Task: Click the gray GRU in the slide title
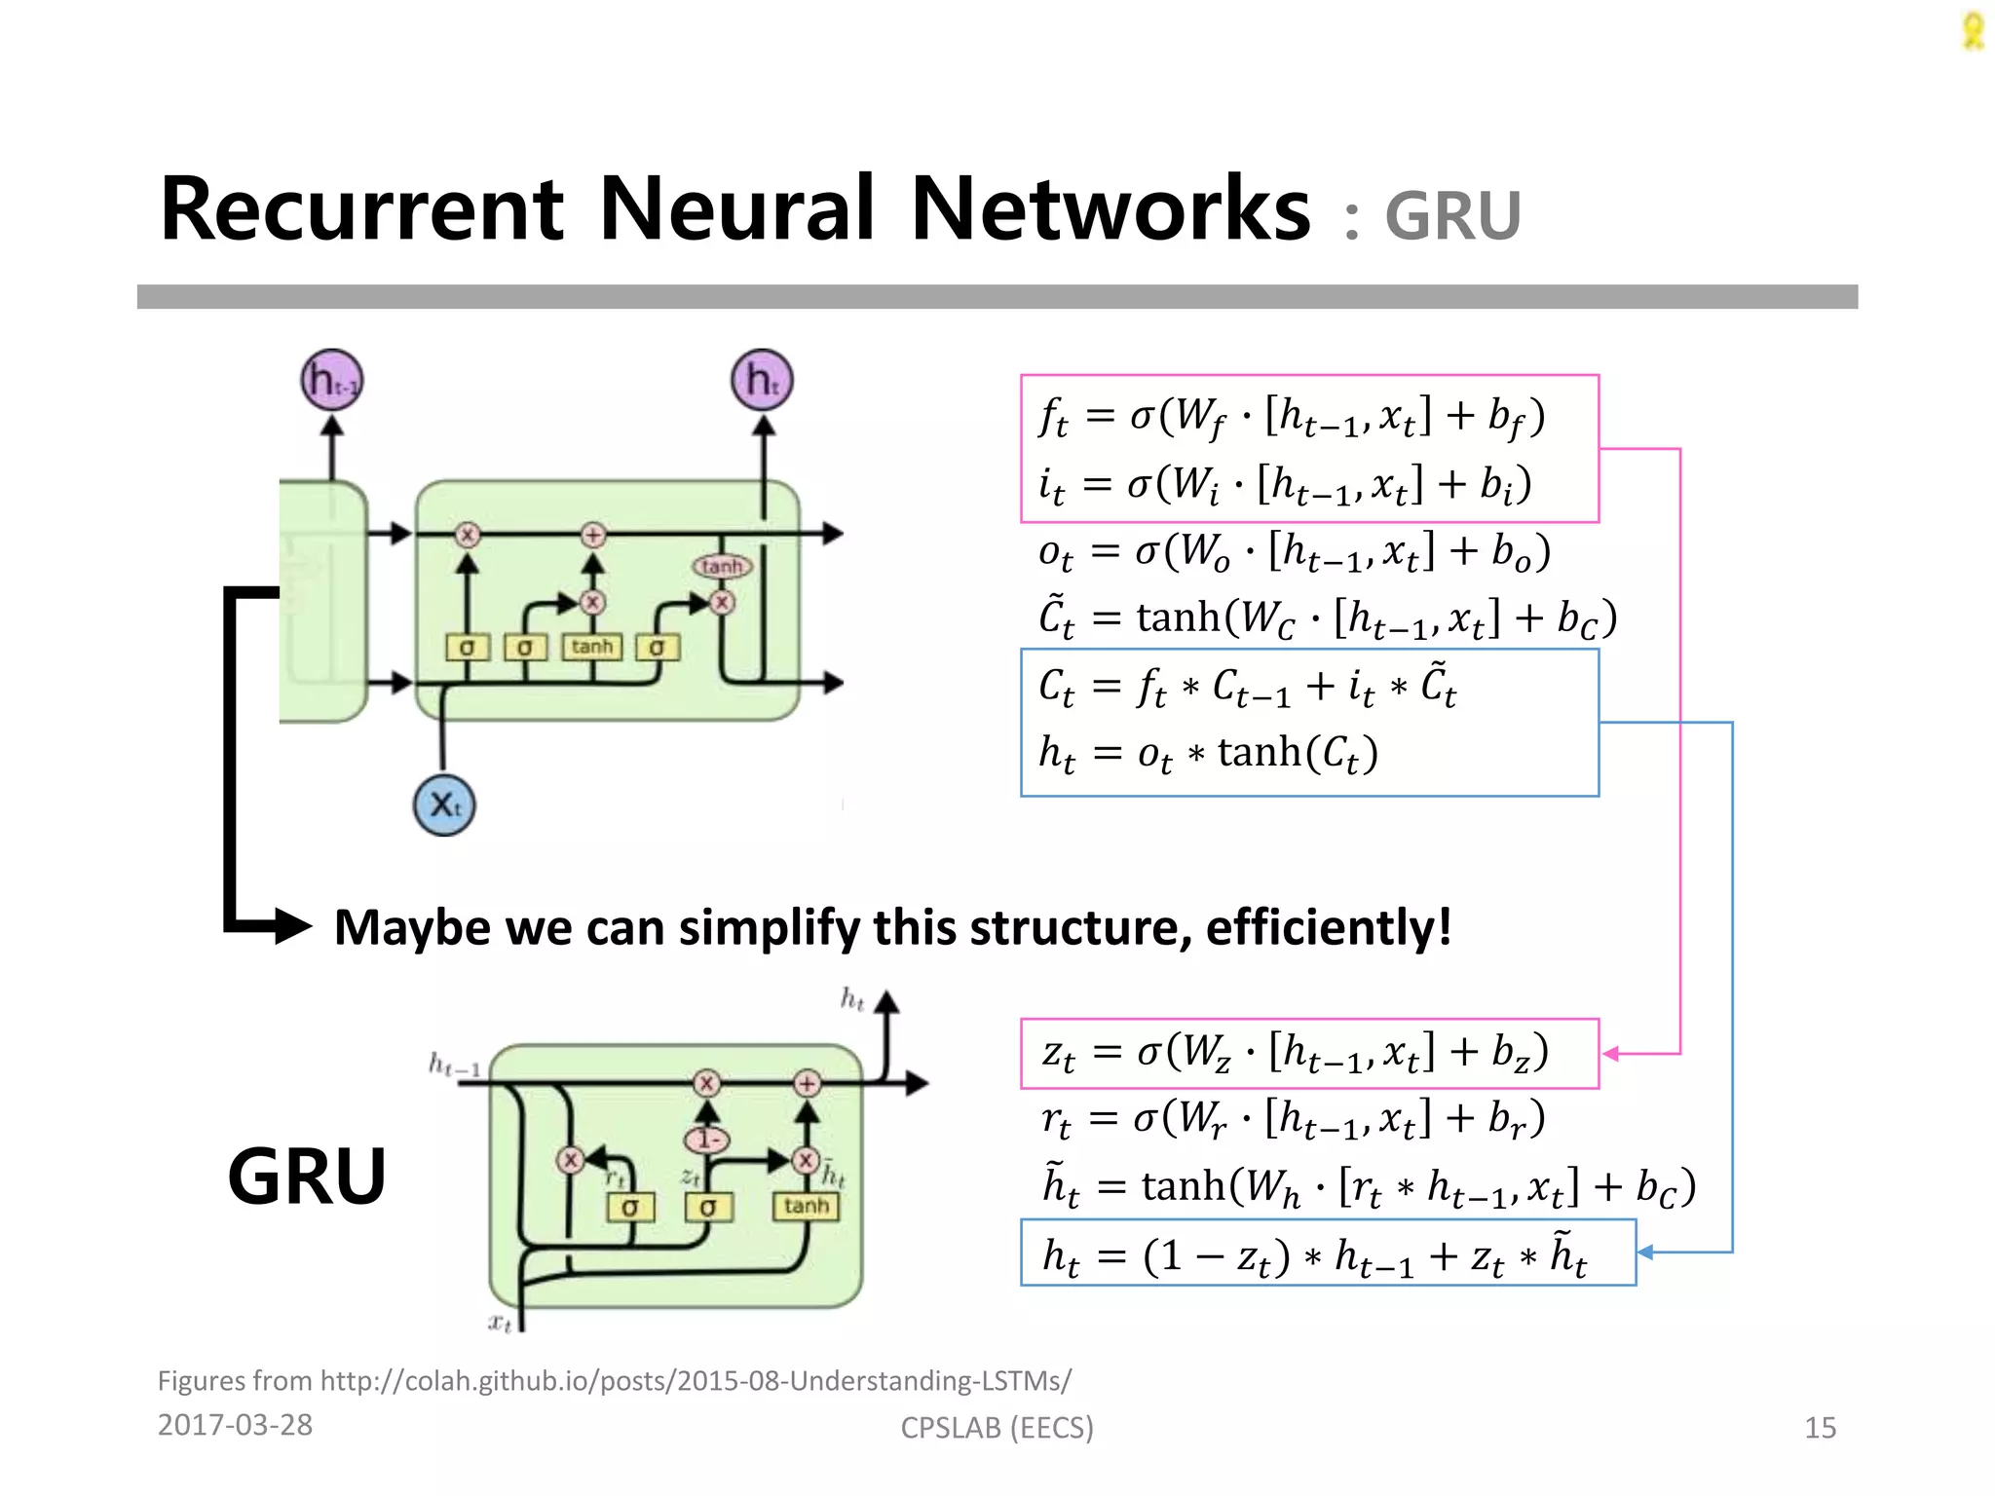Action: click(x=1452, y=216)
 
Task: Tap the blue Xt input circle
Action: click(x=444, y=804)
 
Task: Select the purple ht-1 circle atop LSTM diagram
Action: click(x=332, y=381)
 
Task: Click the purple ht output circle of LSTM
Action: click(x=762, y=381)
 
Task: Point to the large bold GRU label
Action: click(x=307, y=1176)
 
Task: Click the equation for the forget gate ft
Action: click(x=1291, y=416)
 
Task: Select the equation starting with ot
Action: click(x=1294, y=552)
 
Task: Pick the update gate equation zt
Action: click(x=1295, y=1053)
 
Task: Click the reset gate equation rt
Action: click(x=1293, y=1119)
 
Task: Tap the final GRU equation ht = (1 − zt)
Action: click(x=1314, y=1254)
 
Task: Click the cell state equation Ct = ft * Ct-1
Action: click(x=1247, y=686)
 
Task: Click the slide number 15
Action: click(x=1820, y=1427)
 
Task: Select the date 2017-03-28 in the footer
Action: click(x=235, y=1425)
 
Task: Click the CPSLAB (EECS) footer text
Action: click(x=997, y=1427)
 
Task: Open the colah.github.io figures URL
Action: click(x=696, y=1381)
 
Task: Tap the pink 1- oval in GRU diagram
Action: click(x=707, y=1139)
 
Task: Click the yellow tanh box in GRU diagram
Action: click(x=806, y=1206)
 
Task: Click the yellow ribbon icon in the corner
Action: click(x=1973, y=31)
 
